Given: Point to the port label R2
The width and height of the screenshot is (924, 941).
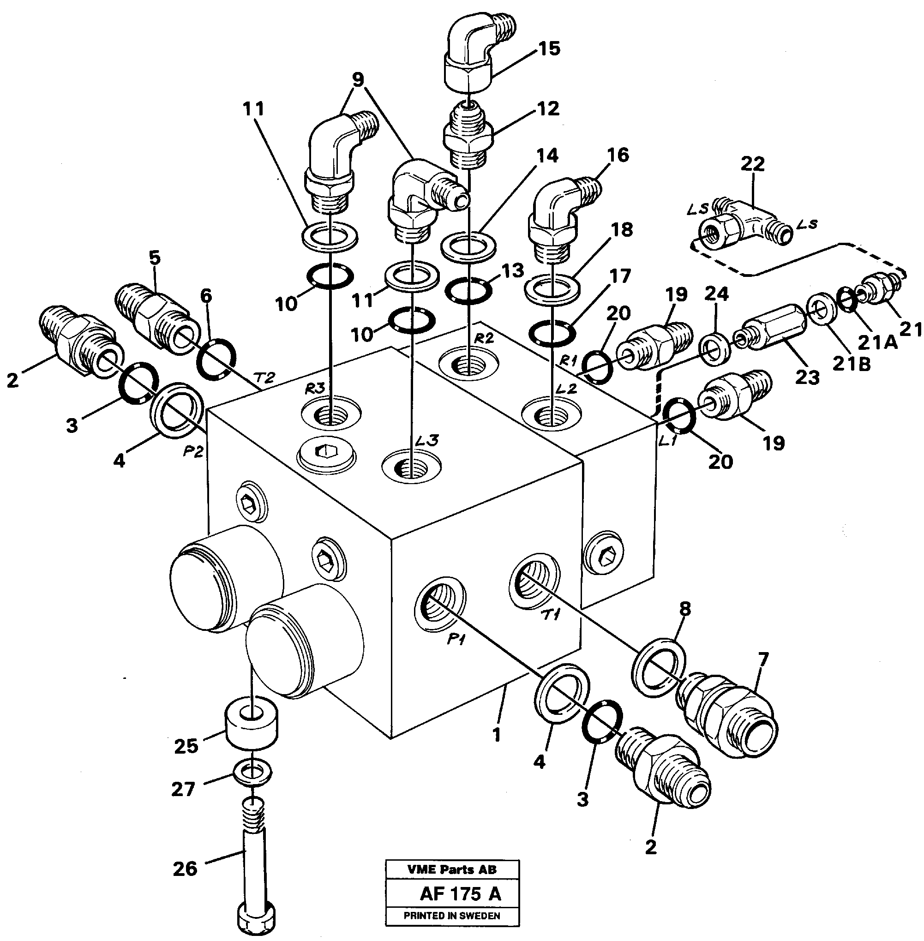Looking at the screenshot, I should (x=483, y=338).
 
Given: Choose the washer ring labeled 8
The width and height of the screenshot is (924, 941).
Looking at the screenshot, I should (x=659, y=662).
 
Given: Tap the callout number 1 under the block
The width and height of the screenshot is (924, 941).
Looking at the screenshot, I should (x=496, y=735).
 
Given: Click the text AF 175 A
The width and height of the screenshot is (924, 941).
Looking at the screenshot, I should (x=460, y=894).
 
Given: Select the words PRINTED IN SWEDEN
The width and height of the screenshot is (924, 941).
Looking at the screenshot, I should (x=452, y=916).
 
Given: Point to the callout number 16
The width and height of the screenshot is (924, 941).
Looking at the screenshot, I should (x=617, y=156).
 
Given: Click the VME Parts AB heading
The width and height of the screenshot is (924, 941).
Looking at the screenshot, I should (x=452, y=869).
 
